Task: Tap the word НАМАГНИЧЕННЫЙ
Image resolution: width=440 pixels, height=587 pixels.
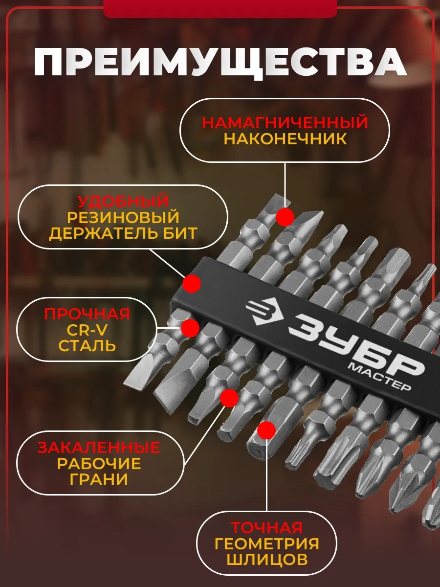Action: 285,122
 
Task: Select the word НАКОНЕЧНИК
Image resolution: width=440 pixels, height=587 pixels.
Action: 286,139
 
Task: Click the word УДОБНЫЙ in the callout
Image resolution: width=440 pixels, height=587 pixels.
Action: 123,201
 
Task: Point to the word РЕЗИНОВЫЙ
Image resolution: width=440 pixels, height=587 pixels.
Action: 123,217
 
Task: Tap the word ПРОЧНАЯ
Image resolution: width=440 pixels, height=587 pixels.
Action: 87,314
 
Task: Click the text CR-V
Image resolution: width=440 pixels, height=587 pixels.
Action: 87,330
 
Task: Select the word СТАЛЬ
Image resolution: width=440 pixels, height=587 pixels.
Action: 87,346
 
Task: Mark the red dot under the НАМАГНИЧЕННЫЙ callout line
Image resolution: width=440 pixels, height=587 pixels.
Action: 285,217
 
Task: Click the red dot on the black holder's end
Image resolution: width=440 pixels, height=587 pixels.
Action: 192,283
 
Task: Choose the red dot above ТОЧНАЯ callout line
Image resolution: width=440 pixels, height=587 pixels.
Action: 266,430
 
